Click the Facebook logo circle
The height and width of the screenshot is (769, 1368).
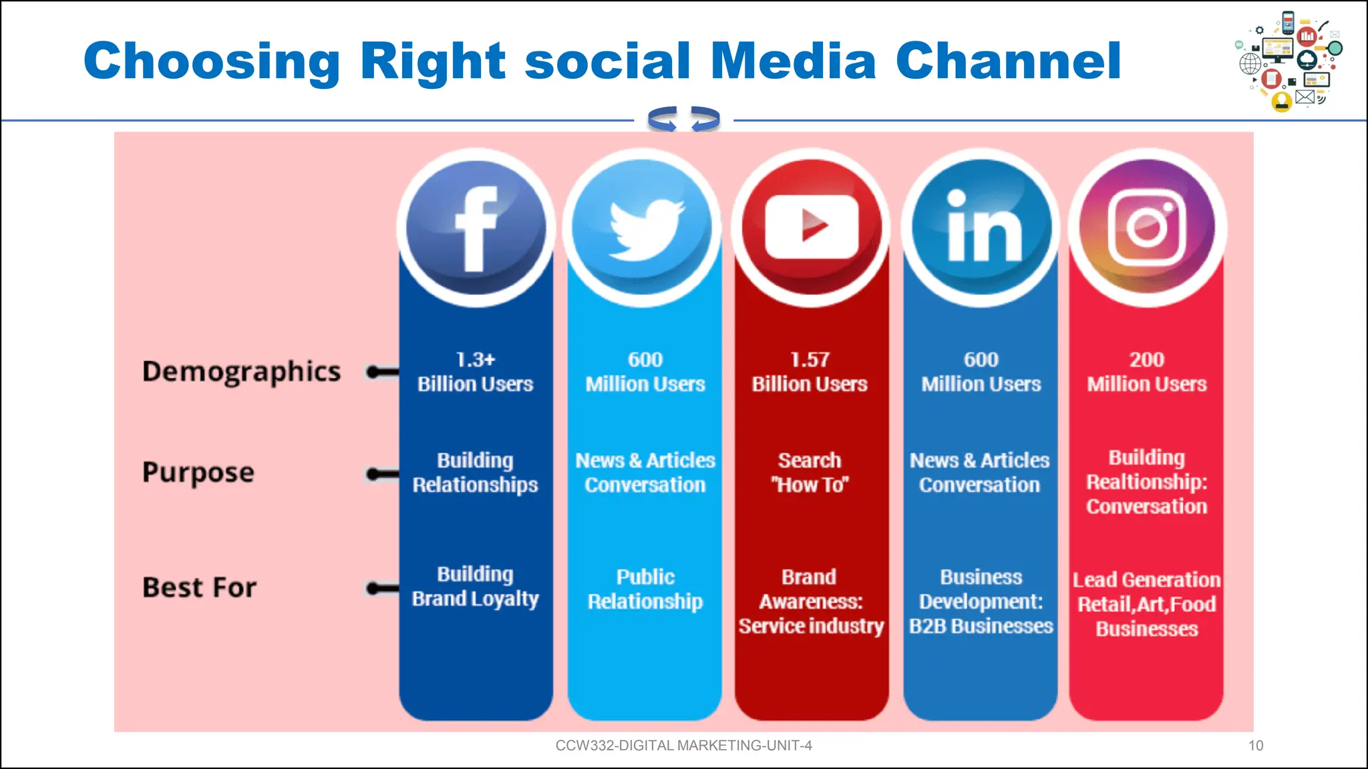476,228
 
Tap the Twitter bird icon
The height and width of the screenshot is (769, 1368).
645,228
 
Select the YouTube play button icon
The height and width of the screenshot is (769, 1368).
811,228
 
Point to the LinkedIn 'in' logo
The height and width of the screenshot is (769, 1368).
981,228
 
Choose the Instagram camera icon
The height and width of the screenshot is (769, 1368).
1147,228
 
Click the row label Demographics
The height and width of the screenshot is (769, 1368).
241,372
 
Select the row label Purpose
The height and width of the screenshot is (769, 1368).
198,473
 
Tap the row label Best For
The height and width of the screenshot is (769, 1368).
199,587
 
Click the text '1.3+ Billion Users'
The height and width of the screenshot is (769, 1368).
476,372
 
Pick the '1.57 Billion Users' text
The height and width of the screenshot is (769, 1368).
810,372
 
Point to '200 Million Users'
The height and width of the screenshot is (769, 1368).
1147,372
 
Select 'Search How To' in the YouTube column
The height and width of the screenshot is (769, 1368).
810,472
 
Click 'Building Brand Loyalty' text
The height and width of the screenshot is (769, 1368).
476,586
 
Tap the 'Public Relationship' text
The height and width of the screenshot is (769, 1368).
645,589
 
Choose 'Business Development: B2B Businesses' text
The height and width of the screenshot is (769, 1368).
981,601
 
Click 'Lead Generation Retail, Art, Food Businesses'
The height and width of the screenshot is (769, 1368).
1147,604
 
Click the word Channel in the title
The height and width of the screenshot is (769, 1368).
1008,61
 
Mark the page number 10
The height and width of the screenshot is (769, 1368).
1256,746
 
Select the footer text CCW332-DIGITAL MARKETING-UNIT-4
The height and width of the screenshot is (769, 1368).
683,746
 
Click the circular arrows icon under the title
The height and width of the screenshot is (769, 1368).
683,119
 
